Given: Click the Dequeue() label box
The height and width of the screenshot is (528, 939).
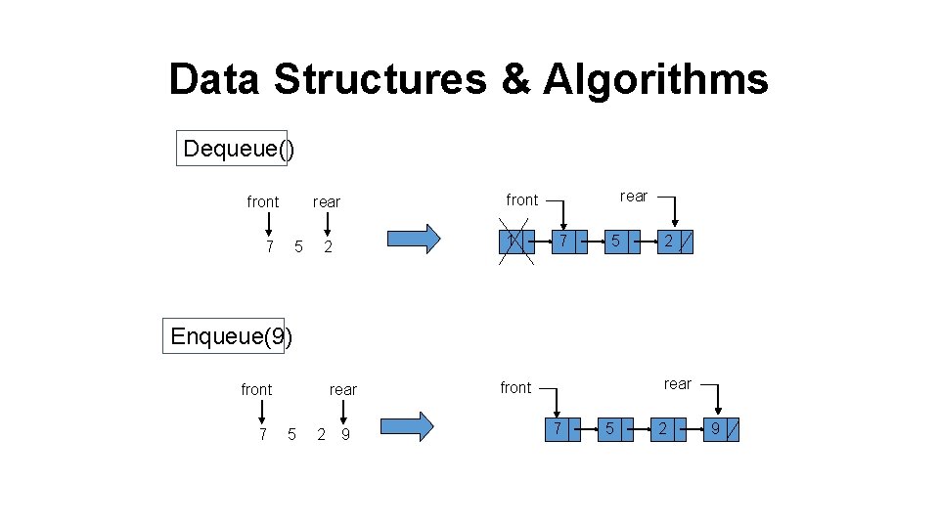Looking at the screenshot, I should [232, 149].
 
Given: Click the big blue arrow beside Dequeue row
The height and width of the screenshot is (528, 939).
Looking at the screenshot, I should [414, 240].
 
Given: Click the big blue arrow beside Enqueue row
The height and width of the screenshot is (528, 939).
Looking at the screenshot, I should [406, 427].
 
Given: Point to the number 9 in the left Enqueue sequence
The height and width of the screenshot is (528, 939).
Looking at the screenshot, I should [345, 434].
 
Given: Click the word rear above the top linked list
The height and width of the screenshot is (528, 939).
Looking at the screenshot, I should [634, 197].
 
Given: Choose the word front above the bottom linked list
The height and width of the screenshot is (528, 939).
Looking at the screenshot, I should [515, 388].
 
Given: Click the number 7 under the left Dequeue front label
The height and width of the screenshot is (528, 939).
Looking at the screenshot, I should [269, 246].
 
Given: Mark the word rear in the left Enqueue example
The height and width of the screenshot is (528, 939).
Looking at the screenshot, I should [342, 389].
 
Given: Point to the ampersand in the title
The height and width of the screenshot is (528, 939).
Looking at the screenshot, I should [514, 80].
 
